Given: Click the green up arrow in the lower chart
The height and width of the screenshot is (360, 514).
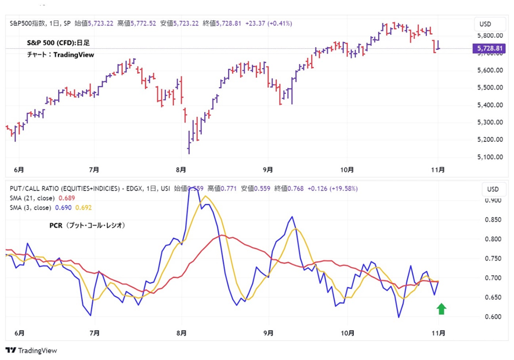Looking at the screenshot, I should pyautogui.click(x=441, y=308).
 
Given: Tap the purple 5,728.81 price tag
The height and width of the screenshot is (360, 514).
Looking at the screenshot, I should pyautogui.click(x=489, y=49).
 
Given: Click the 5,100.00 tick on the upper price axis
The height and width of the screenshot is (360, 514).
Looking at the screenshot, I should pyautogui.click(x=489, y=157).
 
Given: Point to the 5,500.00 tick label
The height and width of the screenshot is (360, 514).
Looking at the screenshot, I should pyautogui.click(x=489, y=88).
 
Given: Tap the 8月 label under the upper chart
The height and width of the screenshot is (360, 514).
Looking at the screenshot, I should pyautogui.click(x=180, y=170).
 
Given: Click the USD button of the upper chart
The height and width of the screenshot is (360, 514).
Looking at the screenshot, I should pyautogui.click(x=484, y=24).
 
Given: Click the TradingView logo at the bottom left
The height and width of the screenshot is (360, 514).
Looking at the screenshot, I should pyautogui.click(x=31, y=351).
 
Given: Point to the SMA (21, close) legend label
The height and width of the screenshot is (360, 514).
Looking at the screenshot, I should pyautogui.click(x=32, y=198).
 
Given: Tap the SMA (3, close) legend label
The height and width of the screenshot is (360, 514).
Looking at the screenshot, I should pyautogui.click(x=31, y=207).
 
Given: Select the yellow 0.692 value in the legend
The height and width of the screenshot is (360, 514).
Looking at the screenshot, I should pyautogui.click(x=84, y=207).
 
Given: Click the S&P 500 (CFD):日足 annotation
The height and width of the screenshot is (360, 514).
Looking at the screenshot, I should pyautogui.click(x=59, y=43).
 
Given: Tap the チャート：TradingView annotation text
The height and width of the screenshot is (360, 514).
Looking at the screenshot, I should pyautogui.click(x=60, y=55).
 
